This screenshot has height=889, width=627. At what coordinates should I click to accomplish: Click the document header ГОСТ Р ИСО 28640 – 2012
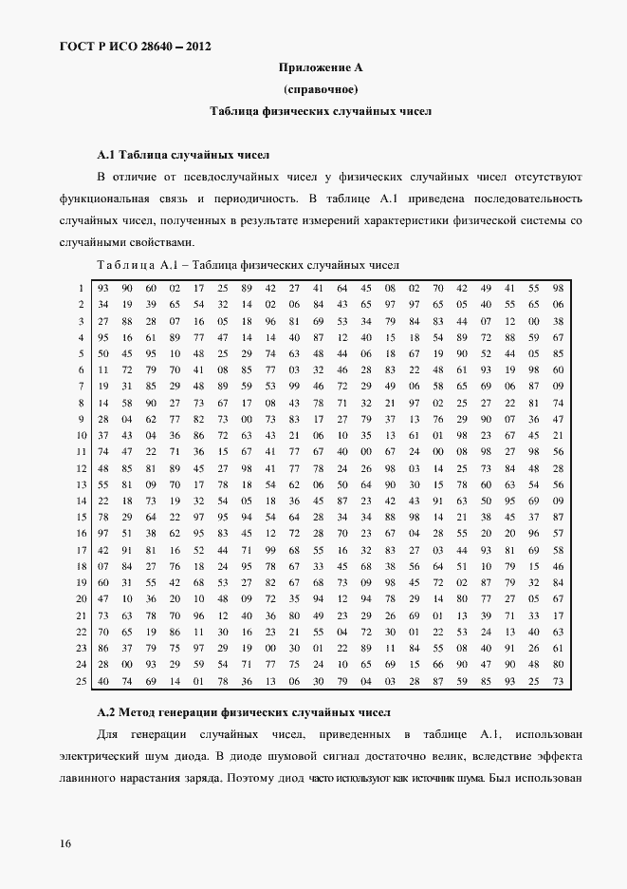[123, 46]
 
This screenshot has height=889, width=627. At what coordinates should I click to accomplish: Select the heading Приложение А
[320, 67]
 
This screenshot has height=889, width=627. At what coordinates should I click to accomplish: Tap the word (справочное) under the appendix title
[320, 89]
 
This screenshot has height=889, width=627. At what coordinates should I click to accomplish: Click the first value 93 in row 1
[102, 288]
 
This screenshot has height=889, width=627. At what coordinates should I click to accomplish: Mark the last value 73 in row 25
[558, 681]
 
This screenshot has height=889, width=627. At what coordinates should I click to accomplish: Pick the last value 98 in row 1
[558, 288]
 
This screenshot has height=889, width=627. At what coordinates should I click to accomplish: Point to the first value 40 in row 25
[102, 681]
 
